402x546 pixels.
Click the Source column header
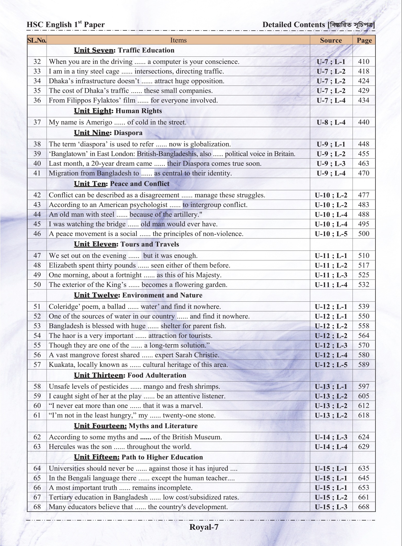[331, 40]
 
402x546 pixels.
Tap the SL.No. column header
[37, 40]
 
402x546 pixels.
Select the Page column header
[364, 40]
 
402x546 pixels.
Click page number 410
[363, 62]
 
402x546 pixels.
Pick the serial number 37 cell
[37, 122]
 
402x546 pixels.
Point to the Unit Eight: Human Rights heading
[118, 111]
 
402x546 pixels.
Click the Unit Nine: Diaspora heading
[108, 133]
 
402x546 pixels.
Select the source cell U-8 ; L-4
[331, 122]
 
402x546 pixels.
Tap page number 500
[363, 234]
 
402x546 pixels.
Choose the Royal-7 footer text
[204, 527]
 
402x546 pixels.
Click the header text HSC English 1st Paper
[66, 25]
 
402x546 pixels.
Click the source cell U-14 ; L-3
[331, 437]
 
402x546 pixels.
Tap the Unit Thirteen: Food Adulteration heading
[130, 375]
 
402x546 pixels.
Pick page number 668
[363, 507]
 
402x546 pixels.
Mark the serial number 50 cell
[37, 285]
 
